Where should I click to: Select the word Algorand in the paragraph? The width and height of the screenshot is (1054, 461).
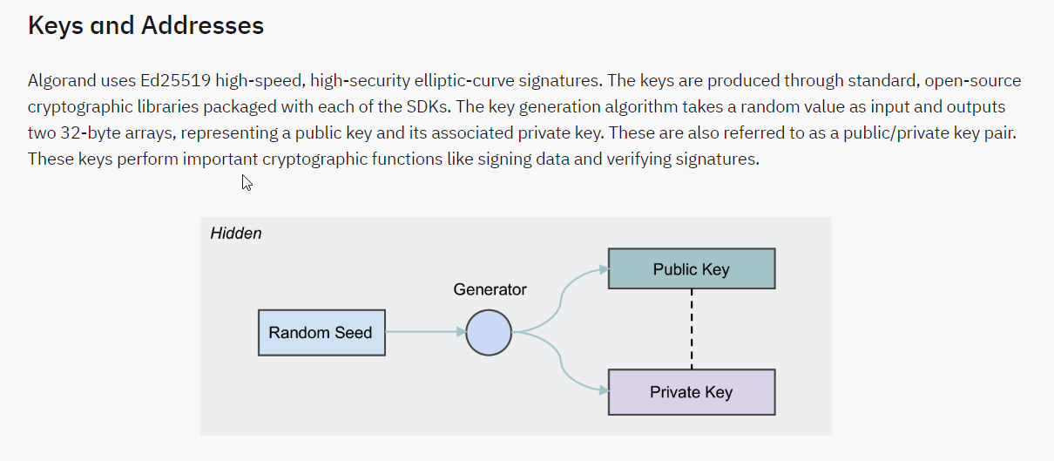pyautogui.click(x=61, y=81)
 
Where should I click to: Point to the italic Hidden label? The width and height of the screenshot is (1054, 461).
pyautogui.click(x=236, y=234)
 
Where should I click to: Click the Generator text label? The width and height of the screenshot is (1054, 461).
pyautogui.click(x=490, y=289)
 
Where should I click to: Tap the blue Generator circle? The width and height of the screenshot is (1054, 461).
pyautogui.click(x=489, y=332)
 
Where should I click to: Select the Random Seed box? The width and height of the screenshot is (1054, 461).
pyautogui.click(x=321, y=332)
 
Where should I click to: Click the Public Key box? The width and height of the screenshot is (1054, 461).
pyautogui.click(x=691, y=269)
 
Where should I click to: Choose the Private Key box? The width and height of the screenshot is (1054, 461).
pyautogui.click(x=691, y=392)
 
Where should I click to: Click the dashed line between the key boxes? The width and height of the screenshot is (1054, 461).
pyautogui.click(x=692, y=329)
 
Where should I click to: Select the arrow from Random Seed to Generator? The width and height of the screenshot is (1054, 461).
pyautogui.click(x=422, y=332)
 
